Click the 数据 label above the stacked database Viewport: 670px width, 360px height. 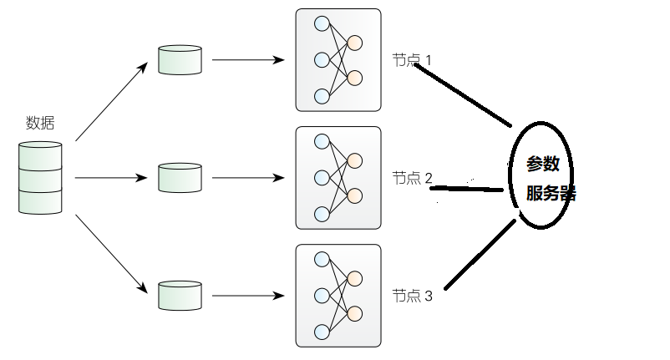[40, 123]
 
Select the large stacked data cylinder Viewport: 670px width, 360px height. [40, 178]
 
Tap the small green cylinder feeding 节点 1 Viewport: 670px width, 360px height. [180, 60]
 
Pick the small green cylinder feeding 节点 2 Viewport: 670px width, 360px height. [180, 178]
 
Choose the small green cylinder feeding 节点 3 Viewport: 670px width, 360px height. [180, 296]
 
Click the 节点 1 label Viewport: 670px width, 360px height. [412, 60]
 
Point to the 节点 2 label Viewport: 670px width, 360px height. [413, 178]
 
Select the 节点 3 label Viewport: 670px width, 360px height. [413, 296]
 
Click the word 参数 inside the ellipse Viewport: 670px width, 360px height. [543, 164]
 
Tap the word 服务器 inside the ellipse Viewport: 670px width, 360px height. [551, 193]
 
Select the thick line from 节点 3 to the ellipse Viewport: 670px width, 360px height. [480, 255]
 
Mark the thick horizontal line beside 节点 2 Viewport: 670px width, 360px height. [467, 188]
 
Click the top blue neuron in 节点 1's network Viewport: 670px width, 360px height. [322, 24]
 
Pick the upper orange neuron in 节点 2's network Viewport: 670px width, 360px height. [355, 160]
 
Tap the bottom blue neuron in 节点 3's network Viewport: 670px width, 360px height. [322, 332]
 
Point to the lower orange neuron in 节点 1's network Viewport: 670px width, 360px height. [355, 79]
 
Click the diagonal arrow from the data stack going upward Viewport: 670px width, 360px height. [111, 102]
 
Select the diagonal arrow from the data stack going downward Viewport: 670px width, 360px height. [111, 254]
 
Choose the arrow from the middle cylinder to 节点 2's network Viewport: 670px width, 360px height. [248, 178]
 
